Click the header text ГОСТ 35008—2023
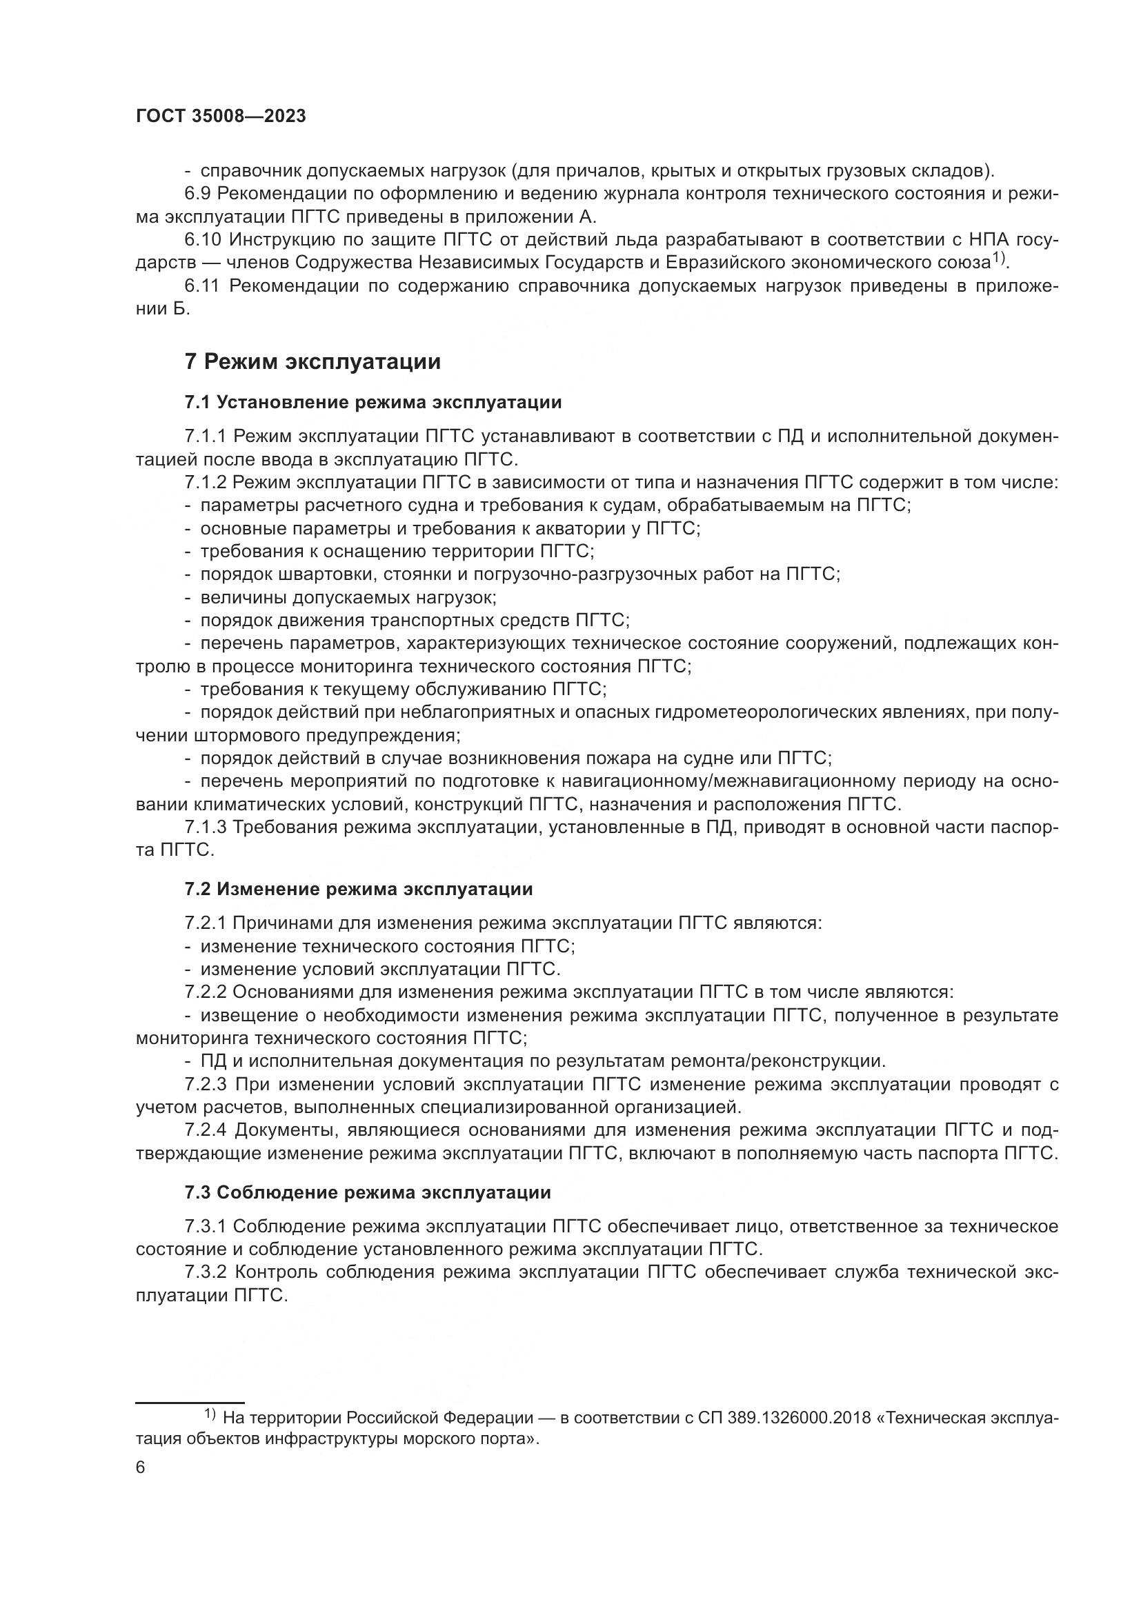221,117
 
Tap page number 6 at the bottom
141,1467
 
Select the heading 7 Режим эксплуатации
312,362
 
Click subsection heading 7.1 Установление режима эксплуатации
373,403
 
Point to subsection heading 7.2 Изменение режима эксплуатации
358,890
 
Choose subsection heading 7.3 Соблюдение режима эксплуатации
368,1192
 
